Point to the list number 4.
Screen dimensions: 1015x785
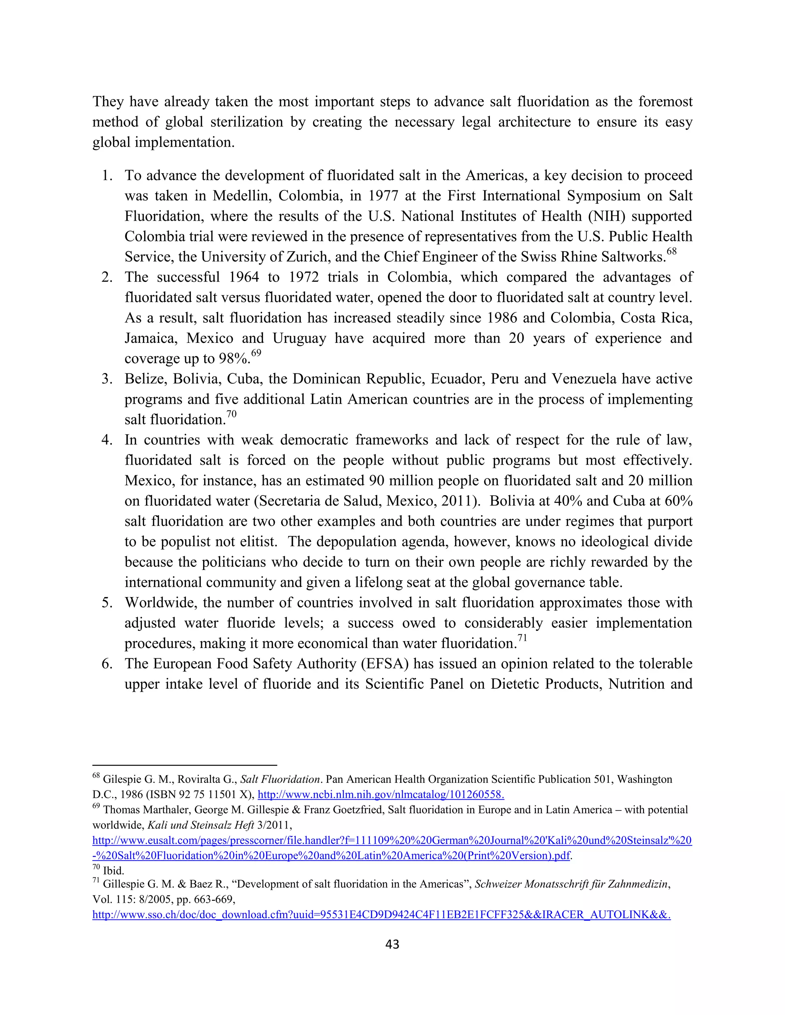pyautogui.click(x=107, y=440)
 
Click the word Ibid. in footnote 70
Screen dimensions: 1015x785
pyautogui.click(x=113, y=871)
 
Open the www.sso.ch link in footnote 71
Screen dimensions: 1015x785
pyautogui.click(x=381, y=915)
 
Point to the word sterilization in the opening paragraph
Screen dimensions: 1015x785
pyautogui.click(x=246, y=122)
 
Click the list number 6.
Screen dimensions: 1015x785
pyautogui.click(x=107, y=664)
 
